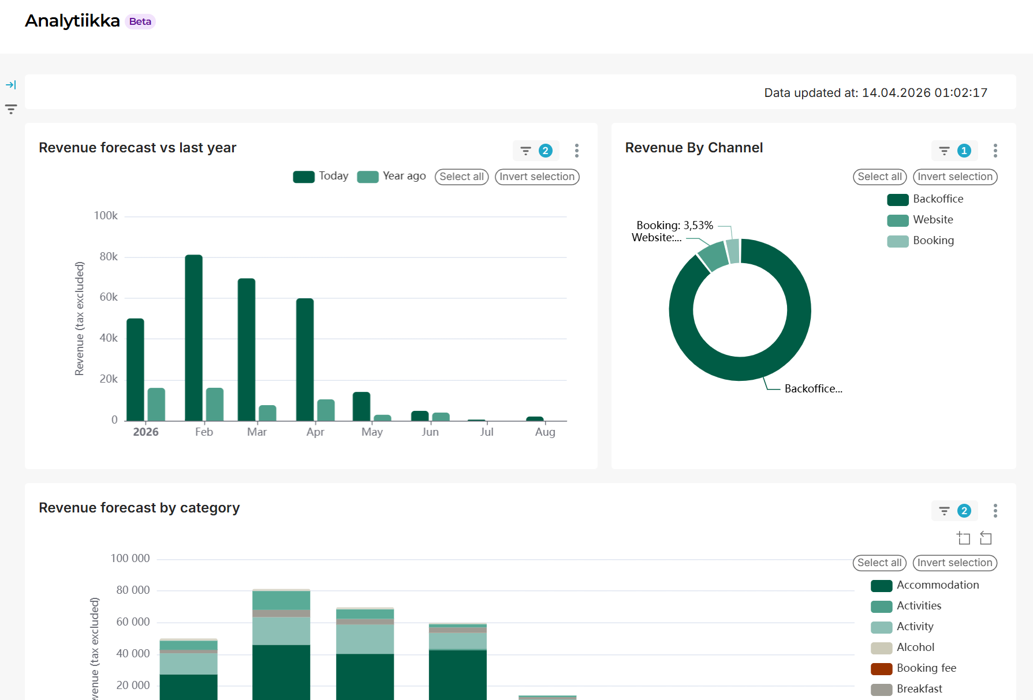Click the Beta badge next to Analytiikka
(x=140, y=21)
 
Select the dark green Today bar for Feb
(x=194, y=338)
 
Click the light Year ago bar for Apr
(x=326, y=410)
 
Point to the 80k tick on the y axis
(x=109, y=256)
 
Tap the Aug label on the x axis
(x=545, y=432)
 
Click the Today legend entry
(x=320, y=176)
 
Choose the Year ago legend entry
(x=391, y=176)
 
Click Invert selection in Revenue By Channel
(x=955, y=177)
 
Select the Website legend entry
(x=920, y=220)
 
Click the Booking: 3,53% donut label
(x=674, y=225)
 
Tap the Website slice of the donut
(x=714, y=256)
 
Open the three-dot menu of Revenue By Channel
(x=995, y=151)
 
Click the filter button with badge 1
(x=954, y=151)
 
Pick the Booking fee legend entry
(x=913, y=668)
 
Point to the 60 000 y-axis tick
(x=133, y=622)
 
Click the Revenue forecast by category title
(x=139, y=508)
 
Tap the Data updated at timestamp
(x=875, y=93)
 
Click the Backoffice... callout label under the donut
(x=813, y=389)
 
